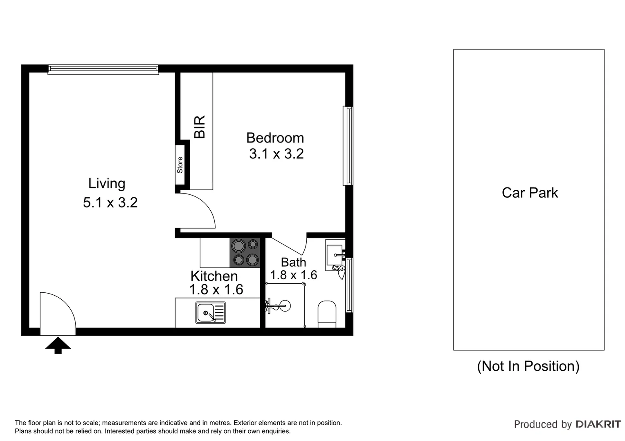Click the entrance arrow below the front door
[x=58, y=345]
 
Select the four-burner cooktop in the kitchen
[x=245, y=253]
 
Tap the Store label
[x=180, y=165]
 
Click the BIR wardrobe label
[x=200, y=127]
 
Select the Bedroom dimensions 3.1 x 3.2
[x=276, y=154]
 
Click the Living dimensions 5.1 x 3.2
[x=110, y=203]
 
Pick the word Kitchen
[x=214, y=276]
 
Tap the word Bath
[x=293, y=262]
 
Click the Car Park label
[x=530, y=193]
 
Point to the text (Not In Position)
[x=528, y=366]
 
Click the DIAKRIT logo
[x=598, y=424]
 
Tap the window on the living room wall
[x=103, y=69]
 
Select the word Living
[x=107, y=183]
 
